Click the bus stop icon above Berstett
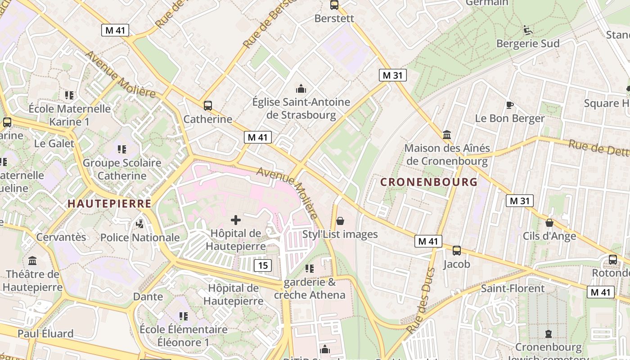coord(334,5)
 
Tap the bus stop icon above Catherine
coord(207,106)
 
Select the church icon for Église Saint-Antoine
coord(301,89)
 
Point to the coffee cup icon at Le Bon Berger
coord(509,105)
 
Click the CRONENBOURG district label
coord(428,182)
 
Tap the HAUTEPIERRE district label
coord(109,203)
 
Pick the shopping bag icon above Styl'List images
coord(340,220)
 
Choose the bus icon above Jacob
coord(456,251)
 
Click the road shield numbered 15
coord(263,265)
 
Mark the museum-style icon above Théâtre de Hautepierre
coord(32,261)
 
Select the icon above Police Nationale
coord(140,224)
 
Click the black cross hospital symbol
coord(235,220)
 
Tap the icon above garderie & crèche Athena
coord(309,269)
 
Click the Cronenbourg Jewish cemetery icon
coord(548,334)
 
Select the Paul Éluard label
coord(45,333)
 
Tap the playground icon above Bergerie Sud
coord(528,30)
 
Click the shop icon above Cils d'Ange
coord(549,223)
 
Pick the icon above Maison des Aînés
coord(447,135)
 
